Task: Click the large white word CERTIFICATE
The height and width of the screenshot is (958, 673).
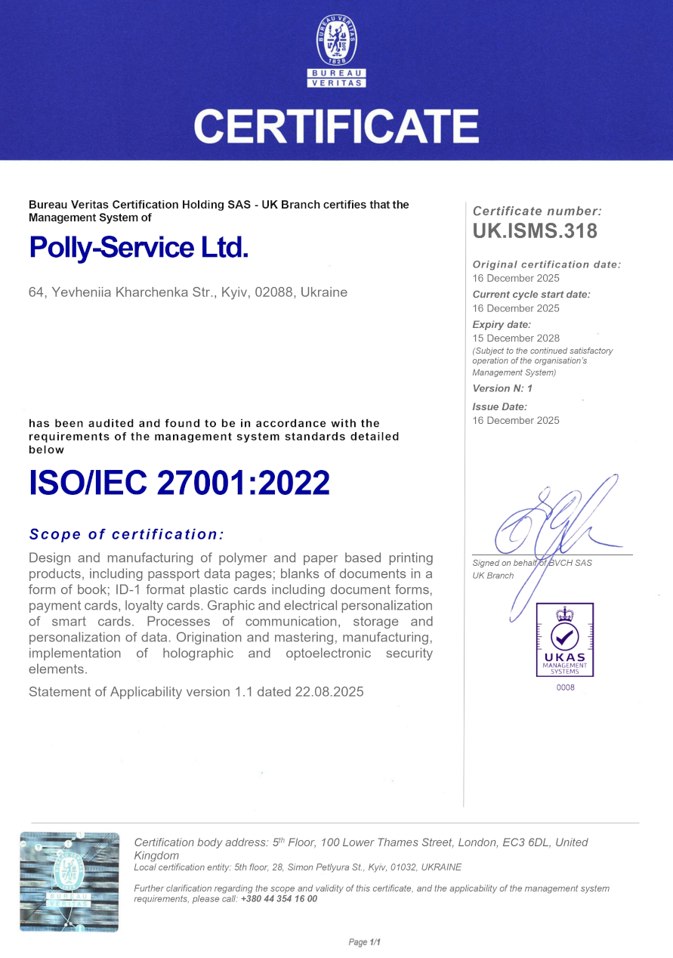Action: click(336, 126)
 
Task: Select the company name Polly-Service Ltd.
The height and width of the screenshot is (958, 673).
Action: click(138, 247)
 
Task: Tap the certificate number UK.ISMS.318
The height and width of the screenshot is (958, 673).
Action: click(535, 231)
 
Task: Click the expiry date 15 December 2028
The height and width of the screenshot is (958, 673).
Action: click(516, 338)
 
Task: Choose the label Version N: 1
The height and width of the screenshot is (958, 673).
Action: click(502, 388)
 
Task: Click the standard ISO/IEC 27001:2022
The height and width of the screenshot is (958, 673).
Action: click(179, 483)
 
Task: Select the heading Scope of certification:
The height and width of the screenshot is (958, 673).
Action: click(126, 534)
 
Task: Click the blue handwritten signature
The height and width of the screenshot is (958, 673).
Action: click(555, 521)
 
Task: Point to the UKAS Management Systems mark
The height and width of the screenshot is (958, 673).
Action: click(564, 640)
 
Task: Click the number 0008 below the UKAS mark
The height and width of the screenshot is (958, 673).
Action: click(565, 688)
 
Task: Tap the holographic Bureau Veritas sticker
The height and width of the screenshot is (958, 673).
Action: click(69, 881)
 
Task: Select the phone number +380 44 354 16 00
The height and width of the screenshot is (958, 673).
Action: click(279, 899)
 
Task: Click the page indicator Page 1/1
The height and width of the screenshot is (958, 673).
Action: click(365, 942)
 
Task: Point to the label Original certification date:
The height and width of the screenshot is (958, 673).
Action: click(546, 264)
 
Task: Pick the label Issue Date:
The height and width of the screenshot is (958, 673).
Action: click(499, 406)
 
